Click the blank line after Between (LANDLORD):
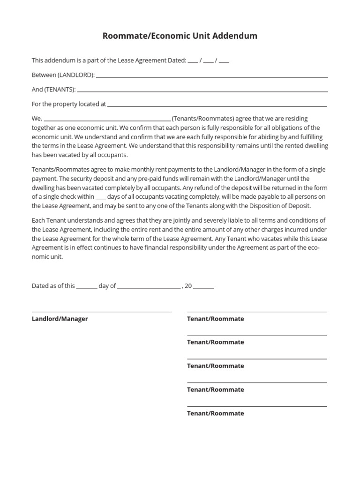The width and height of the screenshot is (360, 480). pos(211,76)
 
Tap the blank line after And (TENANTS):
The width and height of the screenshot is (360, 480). pos(202,91)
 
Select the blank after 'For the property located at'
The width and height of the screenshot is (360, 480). pos(217,105)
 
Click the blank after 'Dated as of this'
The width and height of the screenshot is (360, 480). pos(86,287)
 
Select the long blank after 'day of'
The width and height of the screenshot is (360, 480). pos(149,287)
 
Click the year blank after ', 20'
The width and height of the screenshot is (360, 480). pos(203,287)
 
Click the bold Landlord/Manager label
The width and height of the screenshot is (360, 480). pos(60,319)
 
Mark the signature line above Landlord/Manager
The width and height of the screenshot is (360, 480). pos(102,312)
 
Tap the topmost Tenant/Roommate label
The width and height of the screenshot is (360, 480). pos(216,319)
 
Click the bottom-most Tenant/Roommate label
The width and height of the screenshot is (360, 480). pos(216,414)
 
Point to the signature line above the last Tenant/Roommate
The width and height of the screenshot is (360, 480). pos(257,406)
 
